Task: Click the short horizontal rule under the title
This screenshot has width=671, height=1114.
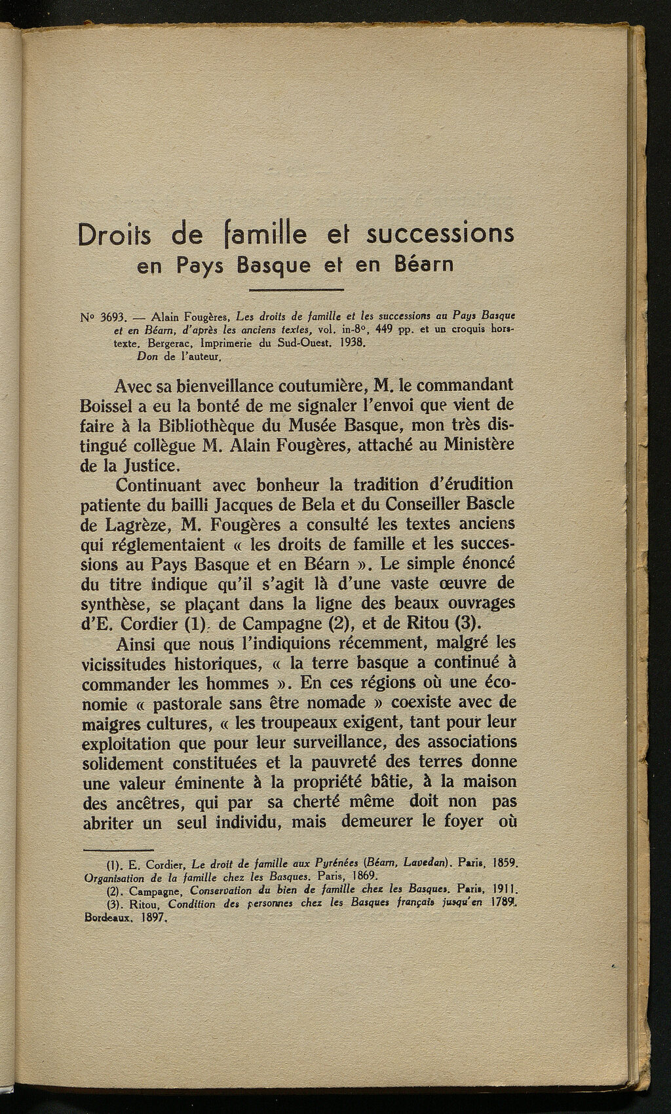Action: (x=297, y=289)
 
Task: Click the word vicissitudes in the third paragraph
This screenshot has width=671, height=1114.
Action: (x=131, y=663)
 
